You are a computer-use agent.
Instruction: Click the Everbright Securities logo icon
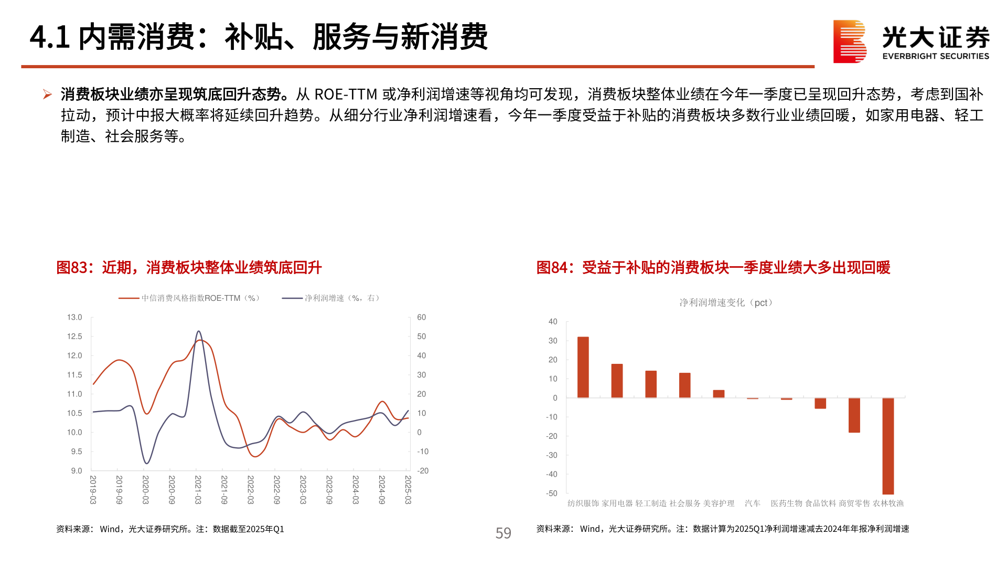[x=849, y=41]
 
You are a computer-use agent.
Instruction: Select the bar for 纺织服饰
[x=583, y=367]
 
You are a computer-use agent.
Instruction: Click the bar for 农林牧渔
[x=887, y=446]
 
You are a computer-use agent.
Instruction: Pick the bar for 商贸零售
[x=854, y=415]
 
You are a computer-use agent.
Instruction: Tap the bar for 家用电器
[x=617, y=381]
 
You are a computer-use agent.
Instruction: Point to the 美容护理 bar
[x=719, y=394]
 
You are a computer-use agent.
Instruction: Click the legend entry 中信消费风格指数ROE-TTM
[x=189, y=298]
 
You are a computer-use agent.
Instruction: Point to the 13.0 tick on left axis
[x=74, y=318]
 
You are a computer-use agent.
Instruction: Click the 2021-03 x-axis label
[x=198, y=490]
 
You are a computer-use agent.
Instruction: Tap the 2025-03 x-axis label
[x=408, y=490]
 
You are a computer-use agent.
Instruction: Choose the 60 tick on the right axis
[x=421, y=318]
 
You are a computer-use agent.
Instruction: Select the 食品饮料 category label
[x=820, y=503]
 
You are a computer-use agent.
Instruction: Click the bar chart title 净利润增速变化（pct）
[x=726, y=303]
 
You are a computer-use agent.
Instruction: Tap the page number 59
[x=503, y=533]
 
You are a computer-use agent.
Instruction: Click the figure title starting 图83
[x=189, y=268]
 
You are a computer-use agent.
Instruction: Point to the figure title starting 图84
[x=713, y=268]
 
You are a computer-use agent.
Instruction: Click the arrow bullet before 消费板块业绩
[x=47, y=94]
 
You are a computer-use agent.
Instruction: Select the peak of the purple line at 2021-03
[x=198, y=331]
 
